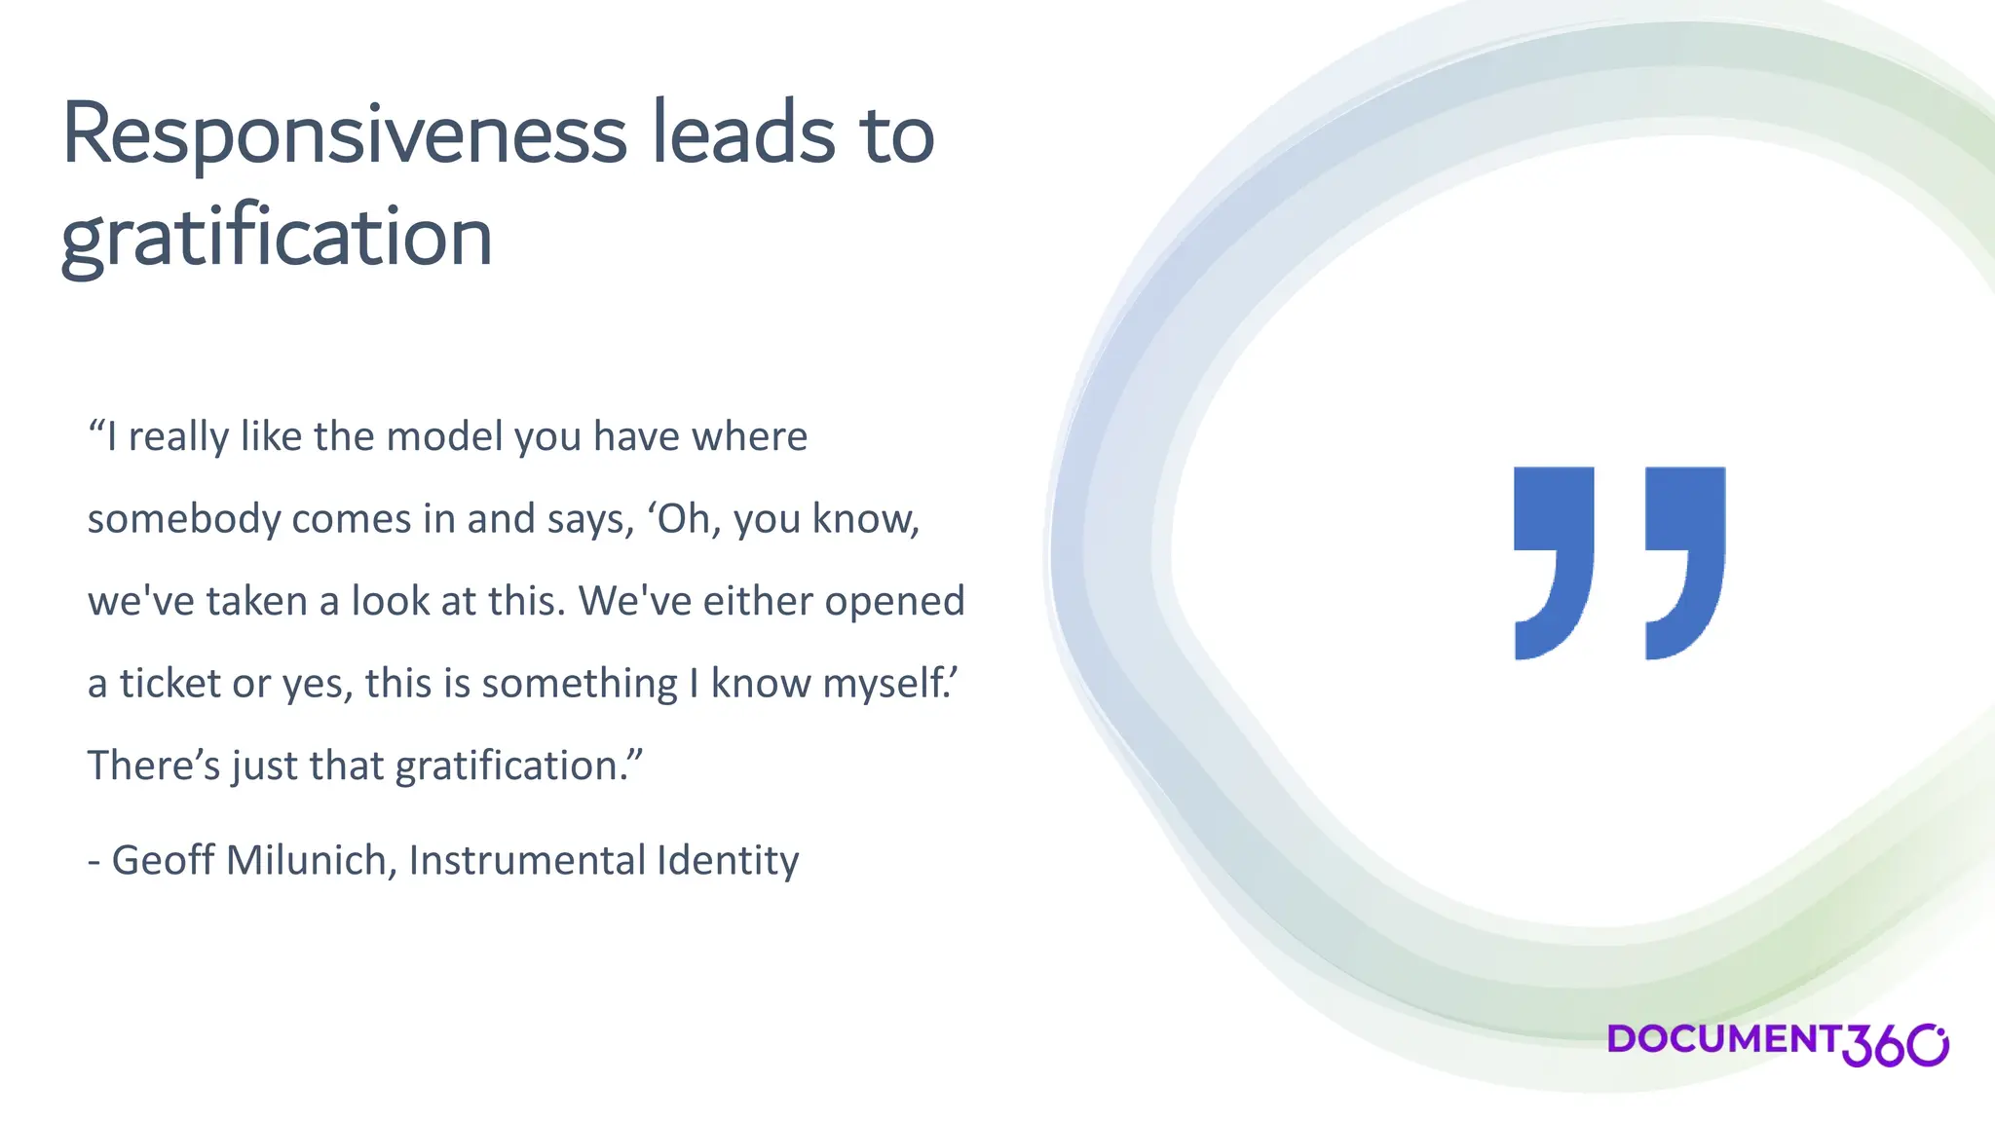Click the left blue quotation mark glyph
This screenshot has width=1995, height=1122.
(1554, 562)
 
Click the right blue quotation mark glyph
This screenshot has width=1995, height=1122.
(1685, 562)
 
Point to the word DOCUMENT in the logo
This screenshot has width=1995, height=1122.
(1722, 1039)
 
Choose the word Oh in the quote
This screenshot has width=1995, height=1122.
(683, 519)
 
